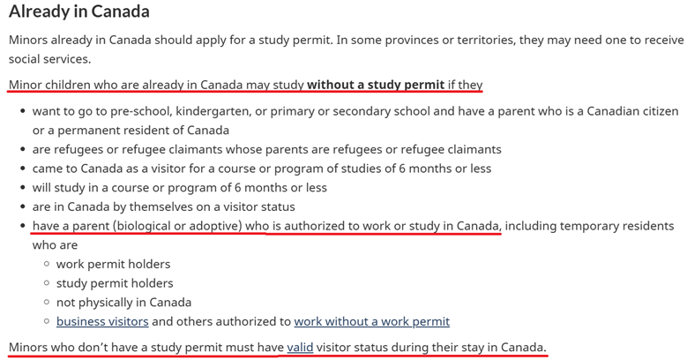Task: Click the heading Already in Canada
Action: (x=78, y=12)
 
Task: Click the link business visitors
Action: (x=101, y=322)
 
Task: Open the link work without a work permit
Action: (x=371, y=322)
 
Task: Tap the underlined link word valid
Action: (x=300, y=348)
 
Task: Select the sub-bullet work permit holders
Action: (x=113, y=265)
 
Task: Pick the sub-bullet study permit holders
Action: (x=115, y=283)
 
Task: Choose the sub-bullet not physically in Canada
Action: (x=123, y=303)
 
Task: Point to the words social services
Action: (x=49, y=59)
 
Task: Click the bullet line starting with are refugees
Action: (x=266, y=149)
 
